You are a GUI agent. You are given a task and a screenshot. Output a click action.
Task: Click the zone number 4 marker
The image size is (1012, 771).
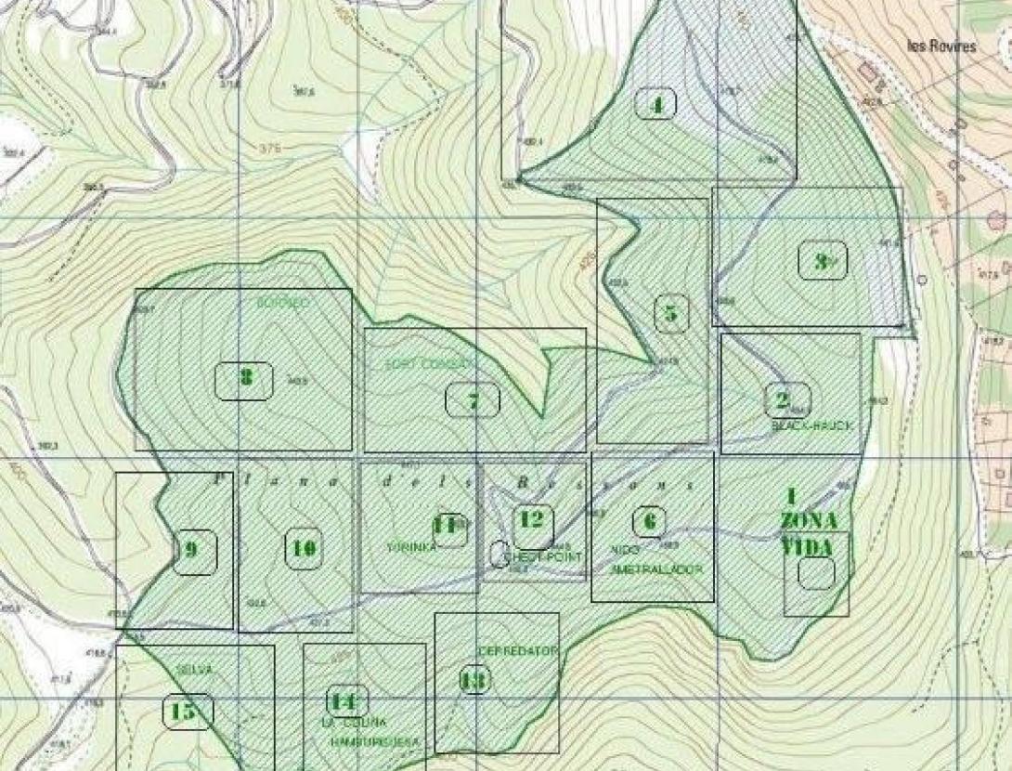coord(657,104)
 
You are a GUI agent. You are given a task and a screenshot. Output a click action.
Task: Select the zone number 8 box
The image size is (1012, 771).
coord(245,378)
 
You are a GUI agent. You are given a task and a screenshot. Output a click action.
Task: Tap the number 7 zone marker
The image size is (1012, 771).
coord(473,400)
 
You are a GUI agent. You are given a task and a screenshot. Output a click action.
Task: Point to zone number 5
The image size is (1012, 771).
coord(670,313)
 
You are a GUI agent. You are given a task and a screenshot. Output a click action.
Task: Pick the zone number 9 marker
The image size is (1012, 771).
coord(193,549)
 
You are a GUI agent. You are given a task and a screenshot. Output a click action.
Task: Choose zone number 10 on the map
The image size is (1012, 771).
coord(302,549)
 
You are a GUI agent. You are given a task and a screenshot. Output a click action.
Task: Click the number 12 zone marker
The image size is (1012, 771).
coord(531,519)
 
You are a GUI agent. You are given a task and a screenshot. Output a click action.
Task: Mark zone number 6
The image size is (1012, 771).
coord(648,521)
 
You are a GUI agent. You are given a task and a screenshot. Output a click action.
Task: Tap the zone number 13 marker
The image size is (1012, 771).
coord(474,681)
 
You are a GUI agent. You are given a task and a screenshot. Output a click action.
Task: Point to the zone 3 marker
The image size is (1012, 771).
coord(822,262)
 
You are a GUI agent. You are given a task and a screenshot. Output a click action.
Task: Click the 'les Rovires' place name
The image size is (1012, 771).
coord(941,46)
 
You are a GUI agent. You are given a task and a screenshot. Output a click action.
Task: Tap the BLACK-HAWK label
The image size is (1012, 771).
coord(811,425)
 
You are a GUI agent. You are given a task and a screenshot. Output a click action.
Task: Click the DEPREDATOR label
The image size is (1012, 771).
coord(518,651)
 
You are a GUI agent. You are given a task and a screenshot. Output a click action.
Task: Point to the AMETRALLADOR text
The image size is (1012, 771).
coord(656,568)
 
